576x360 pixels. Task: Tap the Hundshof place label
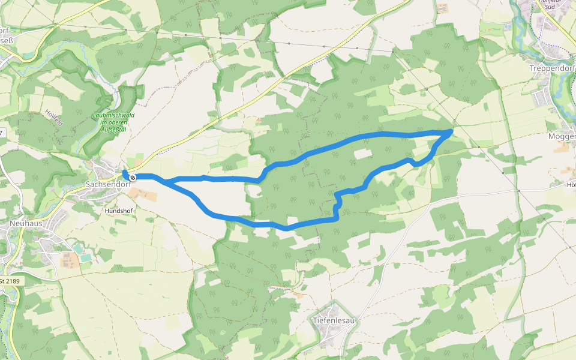pos(118,211)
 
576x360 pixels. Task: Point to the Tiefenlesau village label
pos(334,320)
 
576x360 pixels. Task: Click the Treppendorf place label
pos(553,68)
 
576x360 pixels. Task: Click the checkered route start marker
pos(133,178)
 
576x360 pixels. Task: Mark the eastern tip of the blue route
pos(451,130)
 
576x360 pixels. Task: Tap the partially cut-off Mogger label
pos(562,137)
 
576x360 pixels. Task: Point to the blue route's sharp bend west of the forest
pos(259,179)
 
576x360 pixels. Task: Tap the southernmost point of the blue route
pos(287,229)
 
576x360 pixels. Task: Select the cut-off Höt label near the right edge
pos(571,185)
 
